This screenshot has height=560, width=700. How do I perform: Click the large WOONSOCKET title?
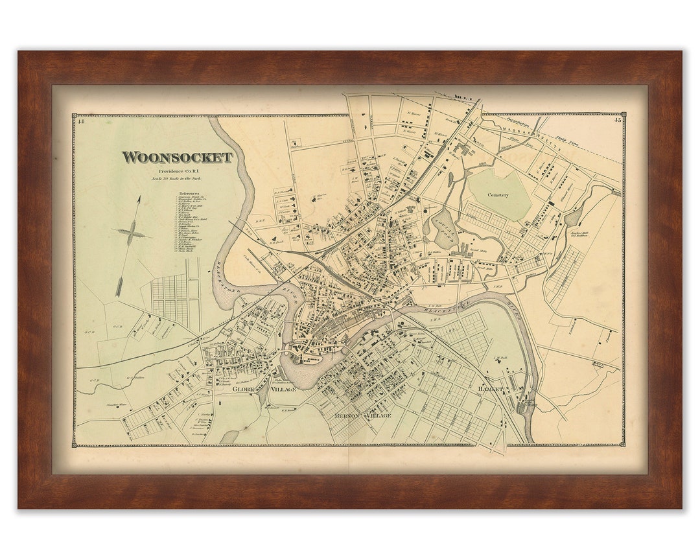177,157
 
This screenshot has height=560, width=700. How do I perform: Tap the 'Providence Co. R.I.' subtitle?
177,170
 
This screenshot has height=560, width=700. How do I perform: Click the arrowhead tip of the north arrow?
139,198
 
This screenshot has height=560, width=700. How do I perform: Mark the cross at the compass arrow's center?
131,233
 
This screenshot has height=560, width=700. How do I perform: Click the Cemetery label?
498,194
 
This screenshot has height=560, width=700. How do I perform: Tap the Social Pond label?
448,227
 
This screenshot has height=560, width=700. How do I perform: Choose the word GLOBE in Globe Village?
246,389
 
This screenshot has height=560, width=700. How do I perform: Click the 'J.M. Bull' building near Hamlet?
500,360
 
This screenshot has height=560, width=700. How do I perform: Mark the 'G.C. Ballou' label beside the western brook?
134,378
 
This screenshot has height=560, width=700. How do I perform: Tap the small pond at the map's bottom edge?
229,437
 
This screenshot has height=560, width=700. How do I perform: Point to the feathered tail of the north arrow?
120,285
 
